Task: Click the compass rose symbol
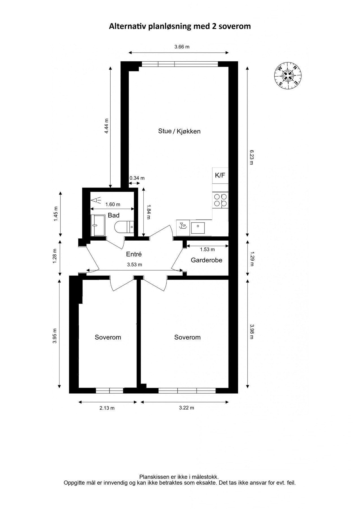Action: pyautogui.click(x=288, y=75)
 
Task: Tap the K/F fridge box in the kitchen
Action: pyautogui.click(x=220, y=175)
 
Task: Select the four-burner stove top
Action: pyautogui.click(x=220, y=200)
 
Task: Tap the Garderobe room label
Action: pyautogui.click(x=206, y=260)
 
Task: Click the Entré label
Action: pyautogui.click(x=134, y=254)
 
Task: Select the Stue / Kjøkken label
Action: pyautogui.click(x=179, y=131)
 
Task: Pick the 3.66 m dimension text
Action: pyautogui.click(x=182, y=47)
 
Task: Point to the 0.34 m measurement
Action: pyautogui.click(x=137, y=178)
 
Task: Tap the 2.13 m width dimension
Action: pyautogui.click(x=107, y=408)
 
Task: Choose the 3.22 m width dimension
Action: pyautogui.click(x=187, y=408)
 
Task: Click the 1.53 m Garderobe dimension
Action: pyautogui.click(x=207, y=249)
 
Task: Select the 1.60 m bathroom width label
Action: pyautogui.click(x=113, y=204)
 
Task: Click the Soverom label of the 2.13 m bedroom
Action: pyautogui.click(x=108, y=337)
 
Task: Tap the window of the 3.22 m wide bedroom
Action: pyautogui.click(x=187, y=391)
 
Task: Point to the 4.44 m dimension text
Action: pyautogui.click(x=106, y=126)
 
